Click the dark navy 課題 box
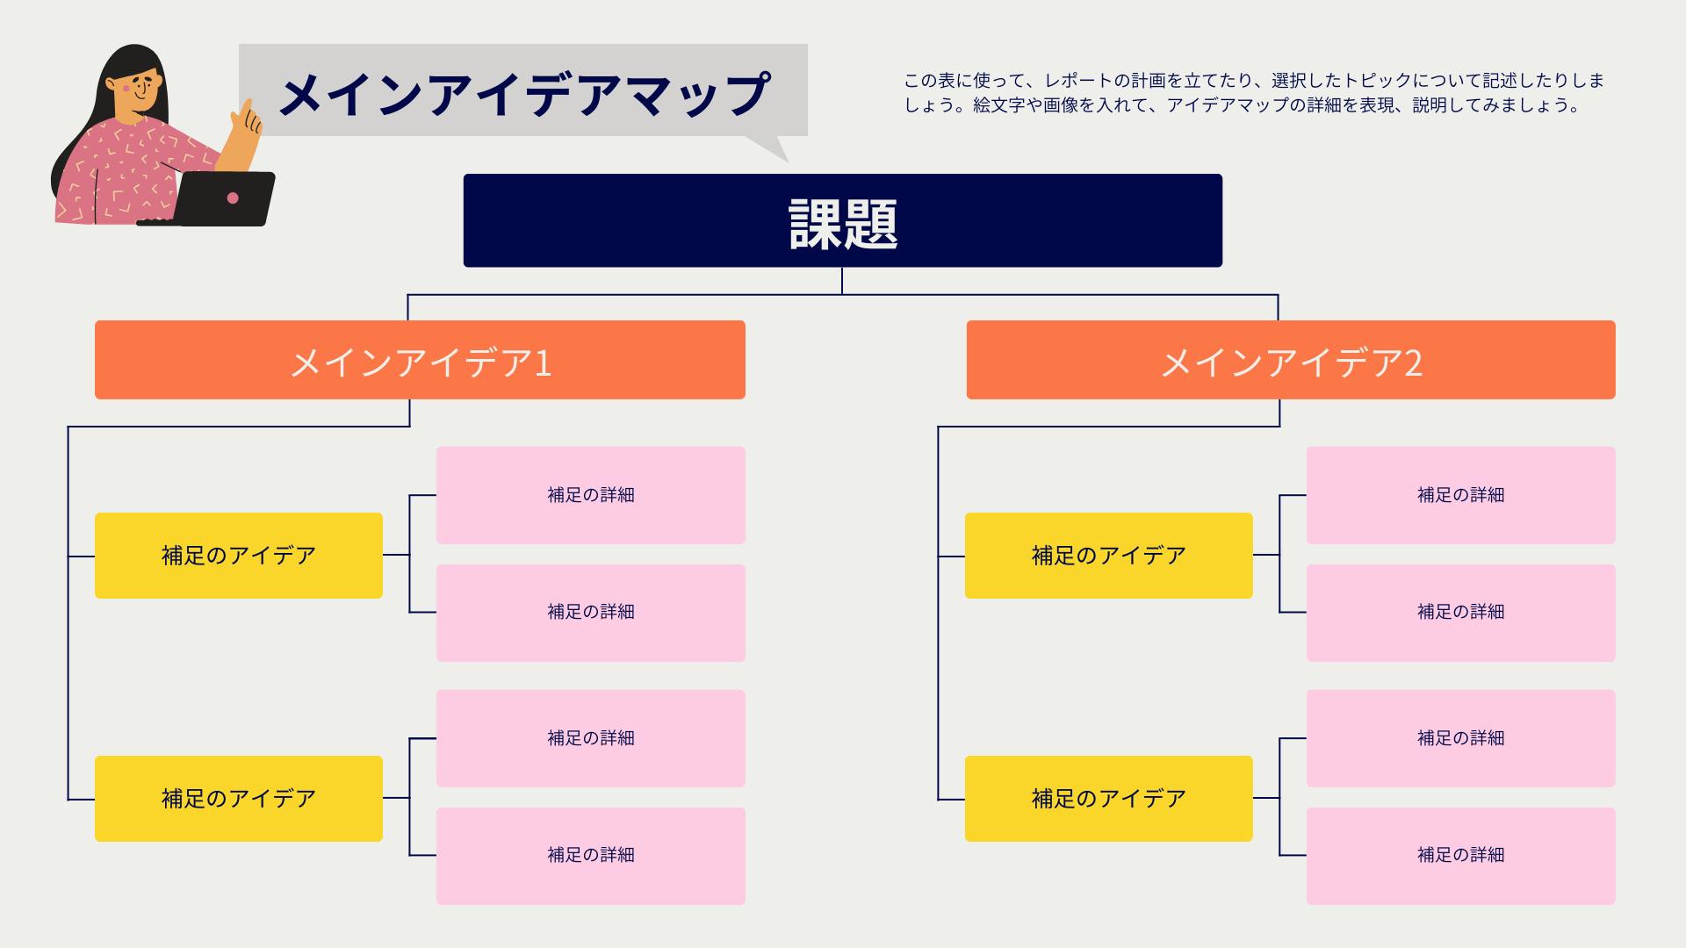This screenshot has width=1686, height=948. pos(842,220)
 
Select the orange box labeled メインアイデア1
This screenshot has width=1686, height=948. pos(420,360)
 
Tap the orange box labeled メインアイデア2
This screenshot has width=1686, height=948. pos(1290,360)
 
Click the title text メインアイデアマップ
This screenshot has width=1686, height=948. pos(523,93)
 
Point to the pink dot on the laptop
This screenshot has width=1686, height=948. pos(233,198)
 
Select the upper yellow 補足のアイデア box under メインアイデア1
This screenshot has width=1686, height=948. pos(238,556)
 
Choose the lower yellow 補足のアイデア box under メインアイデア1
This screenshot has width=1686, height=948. pos(238,799)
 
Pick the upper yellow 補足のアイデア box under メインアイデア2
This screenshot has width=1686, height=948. pos(1108,556)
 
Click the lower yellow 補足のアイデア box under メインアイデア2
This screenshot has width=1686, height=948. pos(1108,799)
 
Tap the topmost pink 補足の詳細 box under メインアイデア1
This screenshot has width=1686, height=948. pos(590,495)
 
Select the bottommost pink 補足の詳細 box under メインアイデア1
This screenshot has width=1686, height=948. pos(590,856)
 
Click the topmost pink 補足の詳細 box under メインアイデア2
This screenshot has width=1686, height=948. pos(1460,495)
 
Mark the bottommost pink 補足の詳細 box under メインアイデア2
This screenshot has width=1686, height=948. pos(1460,856)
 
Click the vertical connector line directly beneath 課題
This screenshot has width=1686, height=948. pos(842,281)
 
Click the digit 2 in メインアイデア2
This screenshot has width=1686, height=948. pos(1413,362)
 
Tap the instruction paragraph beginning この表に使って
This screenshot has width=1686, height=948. pos(1254,93)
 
